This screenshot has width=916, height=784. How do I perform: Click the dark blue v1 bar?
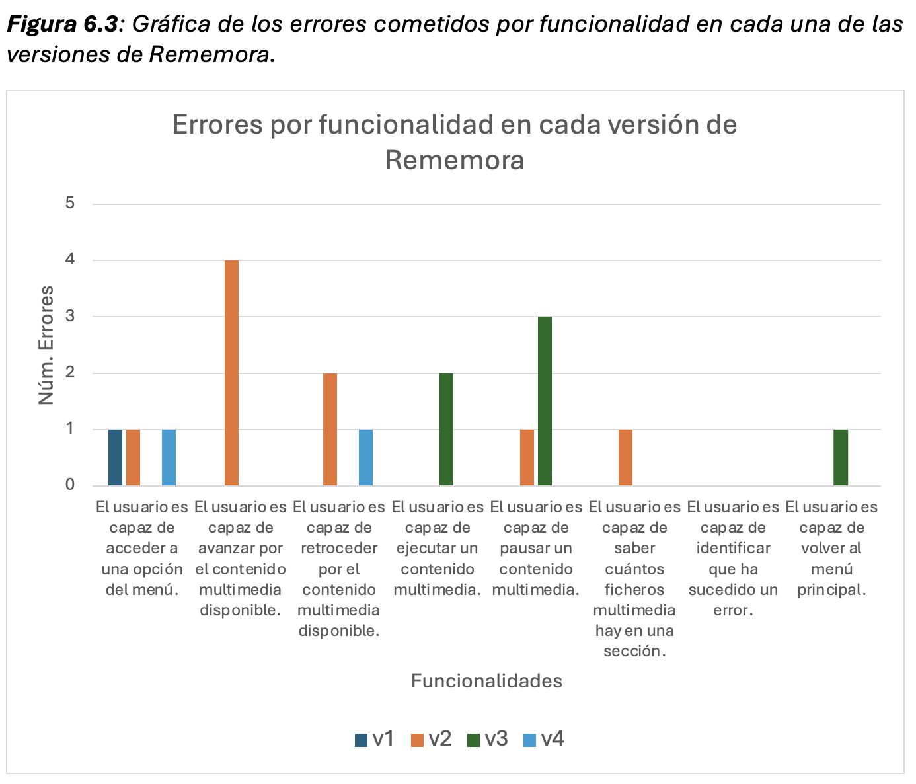tap(116, 457)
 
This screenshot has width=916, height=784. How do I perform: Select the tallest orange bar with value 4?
tap(231, 373)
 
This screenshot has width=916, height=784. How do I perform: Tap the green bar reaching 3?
tap(545, 401)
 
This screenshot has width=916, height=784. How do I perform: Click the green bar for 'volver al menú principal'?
tap(840, 457)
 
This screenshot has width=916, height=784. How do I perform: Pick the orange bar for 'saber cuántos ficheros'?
tap(625, 457)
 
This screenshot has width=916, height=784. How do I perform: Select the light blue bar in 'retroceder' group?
tap(365, 457)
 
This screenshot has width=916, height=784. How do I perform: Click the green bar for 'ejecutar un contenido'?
tap(446, 430)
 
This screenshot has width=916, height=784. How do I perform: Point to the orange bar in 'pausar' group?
tap(527, 457)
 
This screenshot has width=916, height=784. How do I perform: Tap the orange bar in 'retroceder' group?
tap(330, 430)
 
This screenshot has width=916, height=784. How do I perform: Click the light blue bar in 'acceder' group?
tap(169, 457)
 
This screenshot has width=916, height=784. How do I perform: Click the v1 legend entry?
tap(375, 738)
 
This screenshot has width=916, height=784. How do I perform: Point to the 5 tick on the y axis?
tap(70, 204)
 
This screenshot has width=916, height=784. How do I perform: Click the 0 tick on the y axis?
tap(70, 485)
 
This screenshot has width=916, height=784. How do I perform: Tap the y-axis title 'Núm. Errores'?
tap(46, 344)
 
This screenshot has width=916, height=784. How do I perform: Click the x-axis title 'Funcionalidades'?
tap(486, 681)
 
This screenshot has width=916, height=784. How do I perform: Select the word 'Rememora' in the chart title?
tap(455, 160)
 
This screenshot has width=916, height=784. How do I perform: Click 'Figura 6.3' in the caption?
tap(63, 24)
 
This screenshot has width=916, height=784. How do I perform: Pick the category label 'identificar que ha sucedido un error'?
tap(733, 559)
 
